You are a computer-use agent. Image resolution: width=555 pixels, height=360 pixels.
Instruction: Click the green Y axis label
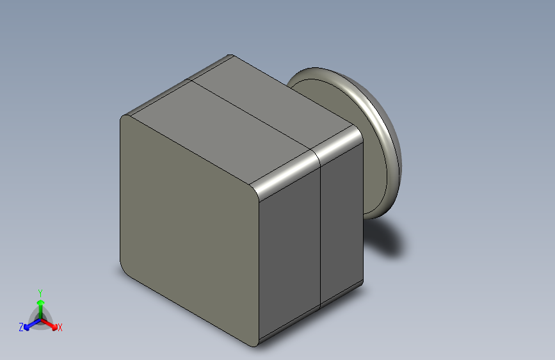coord(40,293)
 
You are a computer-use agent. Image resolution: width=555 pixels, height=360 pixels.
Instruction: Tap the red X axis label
coord(60,327)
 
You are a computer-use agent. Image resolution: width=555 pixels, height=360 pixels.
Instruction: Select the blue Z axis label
coord(21,327)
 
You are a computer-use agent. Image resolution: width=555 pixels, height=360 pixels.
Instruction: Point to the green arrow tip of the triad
coord(41,302)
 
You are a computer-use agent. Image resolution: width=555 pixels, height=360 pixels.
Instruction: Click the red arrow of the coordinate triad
coord(49,324)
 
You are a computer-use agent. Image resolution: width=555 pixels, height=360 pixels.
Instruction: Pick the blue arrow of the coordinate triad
coord(33,324)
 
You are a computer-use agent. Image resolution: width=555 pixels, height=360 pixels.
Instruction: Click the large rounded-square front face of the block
coord(189,227)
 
